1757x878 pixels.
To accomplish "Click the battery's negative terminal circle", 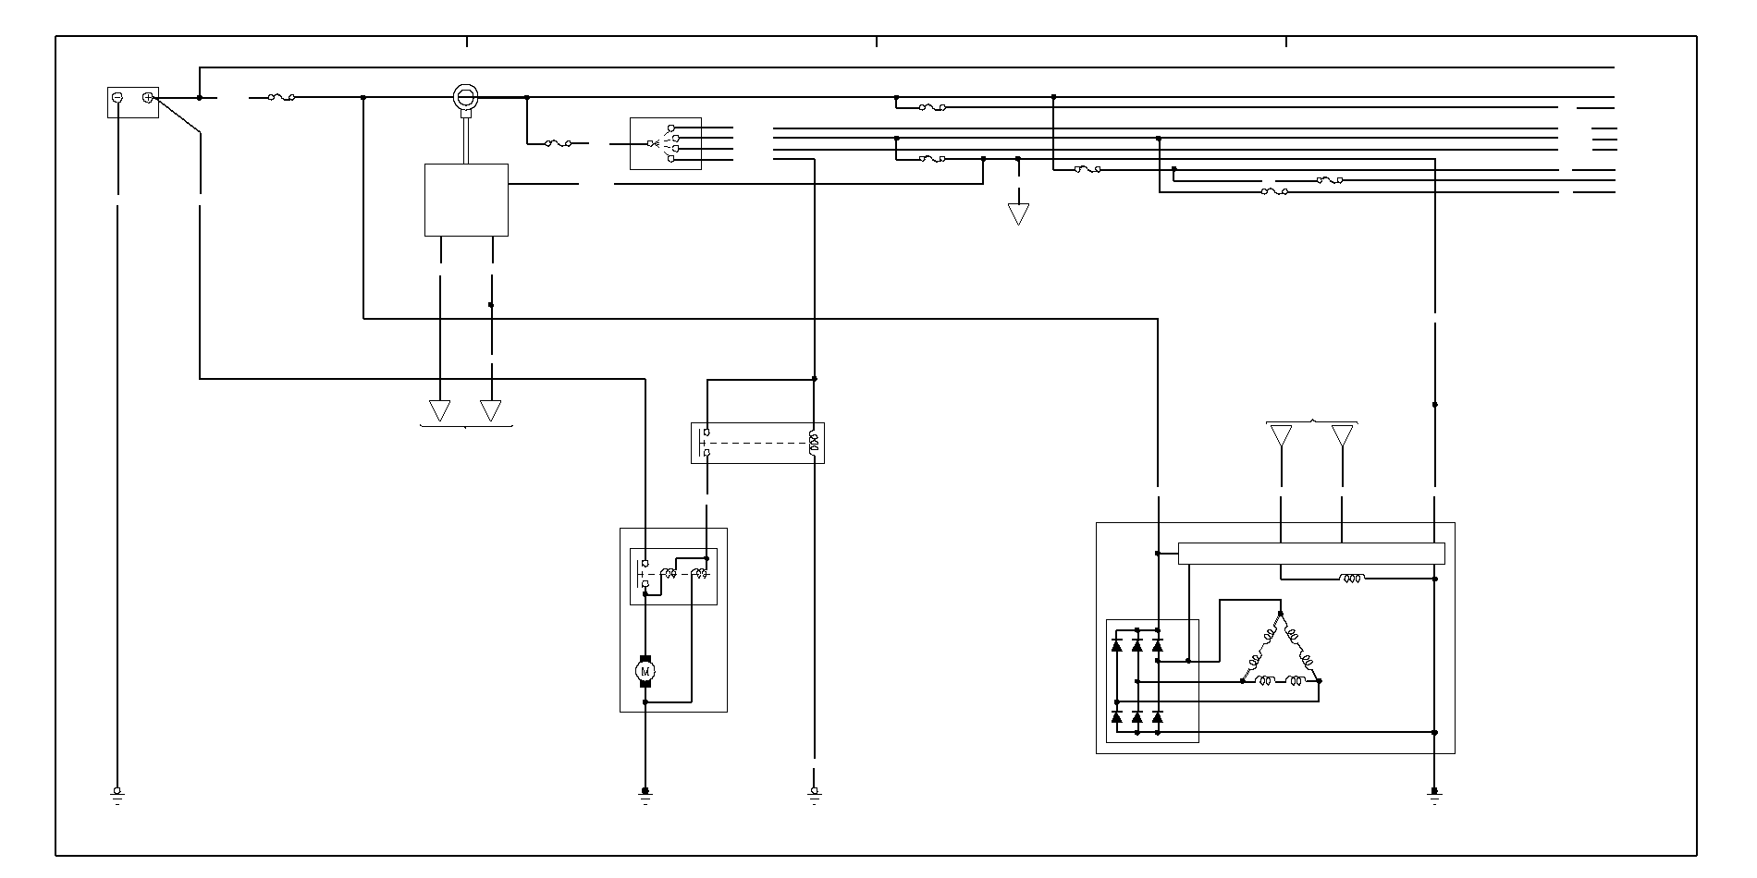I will (117, 97).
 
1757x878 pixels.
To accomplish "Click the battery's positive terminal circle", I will (147, 97).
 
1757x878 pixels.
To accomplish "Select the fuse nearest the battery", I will (281, 97).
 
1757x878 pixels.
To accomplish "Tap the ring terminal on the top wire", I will (466, 96).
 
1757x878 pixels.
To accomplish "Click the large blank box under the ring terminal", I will (466, 200).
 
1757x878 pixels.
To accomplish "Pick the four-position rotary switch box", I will (666, 143).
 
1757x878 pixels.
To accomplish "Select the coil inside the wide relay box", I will (813, 443).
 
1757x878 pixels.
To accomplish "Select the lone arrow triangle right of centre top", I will (1018, 213).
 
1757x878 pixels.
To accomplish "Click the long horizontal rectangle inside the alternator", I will (1311, 553).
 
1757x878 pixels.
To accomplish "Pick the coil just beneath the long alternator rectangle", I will (1351, 579).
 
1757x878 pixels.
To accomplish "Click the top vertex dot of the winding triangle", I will (1281, 613).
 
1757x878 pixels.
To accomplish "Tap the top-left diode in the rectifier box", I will (1117, 644).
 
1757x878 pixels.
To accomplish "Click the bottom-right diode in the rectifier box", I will (1158, 716).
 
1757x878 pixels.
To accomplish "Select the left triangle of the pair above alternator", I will (1281, 435).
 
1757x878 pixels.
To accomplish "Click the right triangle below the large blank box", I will (491, 409).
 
